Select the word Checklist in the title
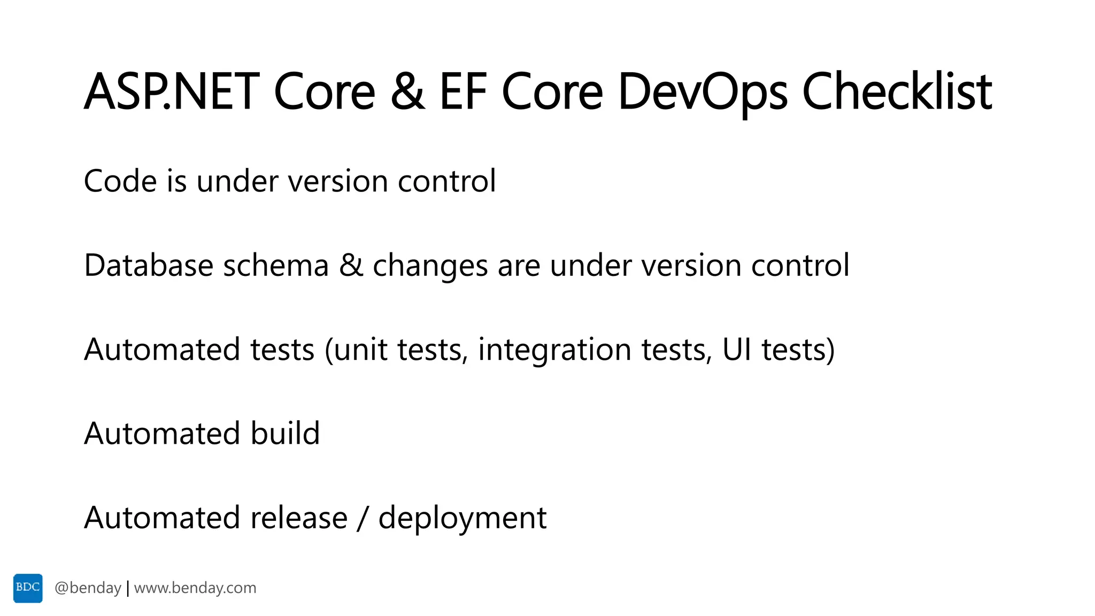pos(897,92)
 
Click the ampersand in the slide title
pos(407,92)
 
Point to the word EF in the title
pos(463,92)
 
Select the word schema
pos(276,265)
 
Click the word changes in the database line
pos(430,266)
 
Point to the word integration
pos(554,350)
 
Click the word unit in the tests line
pos(361,350)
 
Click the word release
pos(299,518)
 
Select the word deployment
pos(462,519)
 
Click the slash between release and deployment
pos(363,518)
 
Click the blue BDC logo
pos(28,588)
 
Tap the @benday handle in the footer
pos(88,588)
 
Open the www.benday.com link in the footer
pos(195,588)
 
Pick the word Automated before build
pos(162,433)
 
